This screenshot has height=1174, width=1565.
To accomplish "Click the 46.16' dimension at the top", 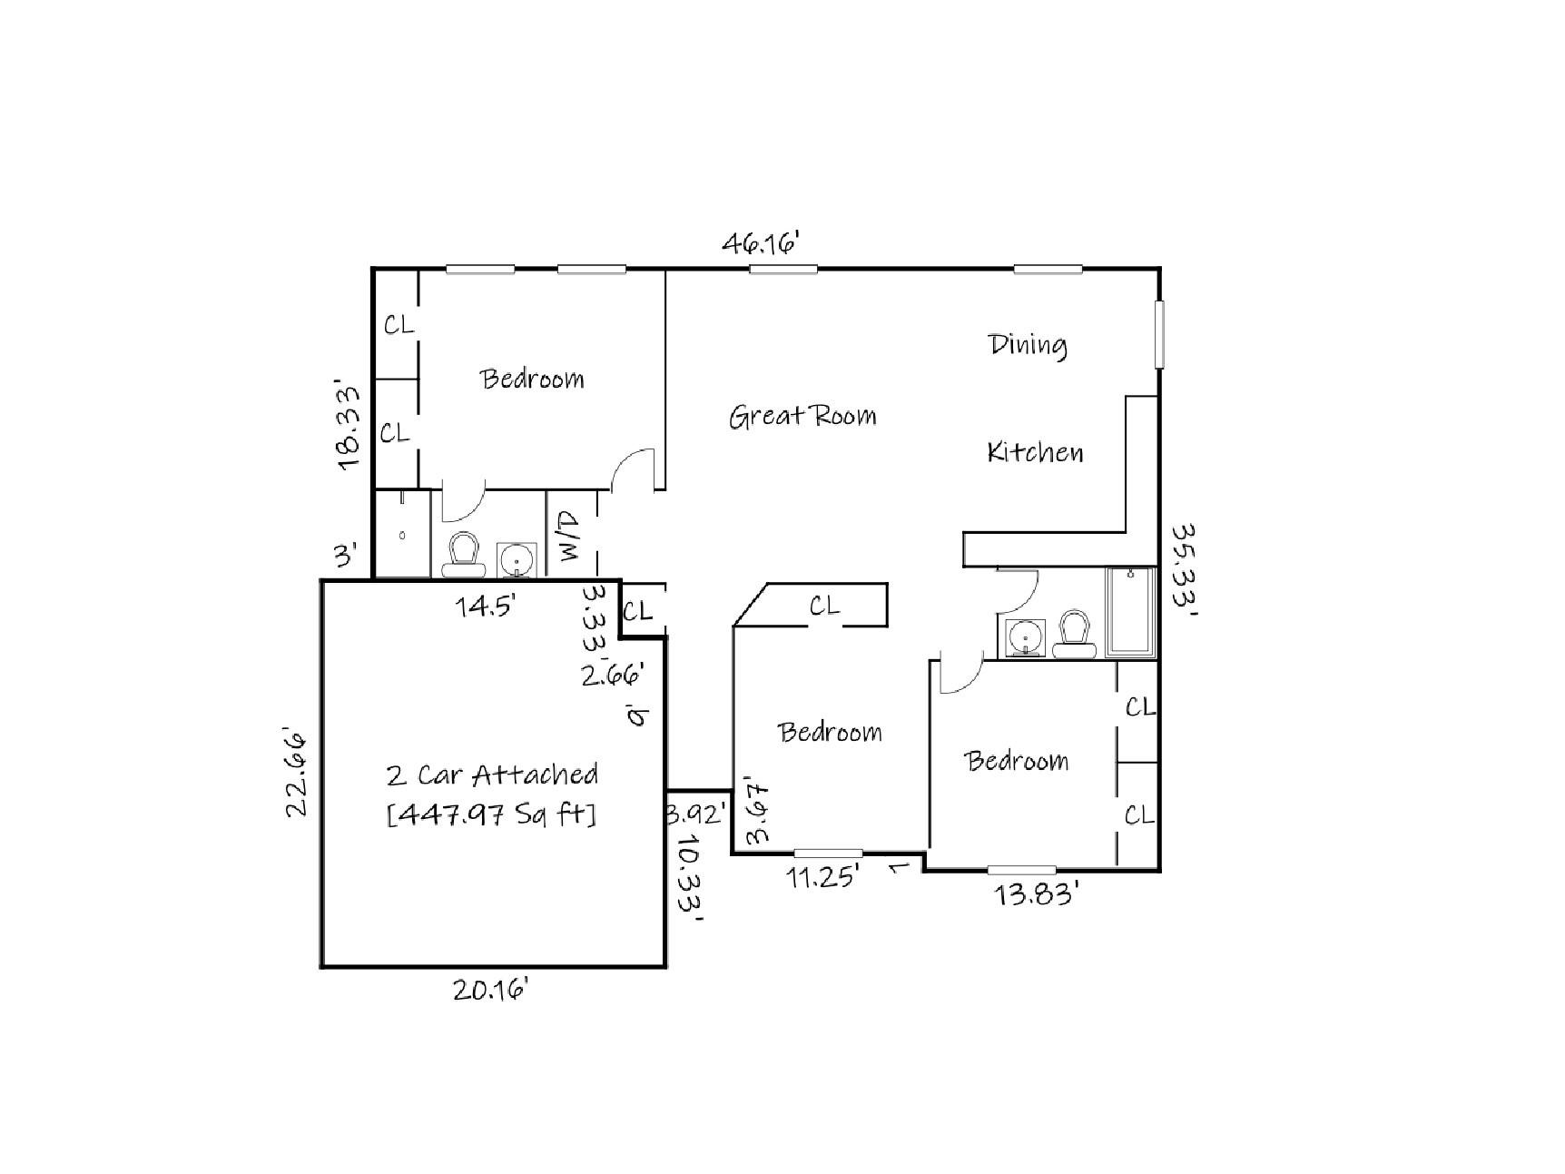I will tap(760, 243).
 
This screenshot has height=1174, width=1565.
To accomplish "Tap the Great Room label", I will tap(802, 416).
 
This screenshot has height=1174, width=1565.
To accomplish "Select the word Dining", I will tap(1027, 344).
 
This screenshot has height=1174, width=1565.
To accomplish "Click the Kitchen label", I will tap(1035, 451).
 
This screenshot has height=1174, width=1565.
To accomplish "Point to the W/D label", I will tap(570, 537).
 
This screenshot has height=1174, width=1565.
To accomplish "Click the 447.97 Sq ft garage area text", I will tap(491, 814).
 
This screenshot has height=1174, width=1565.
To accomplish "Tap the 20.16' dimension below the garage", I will tap(491, 989).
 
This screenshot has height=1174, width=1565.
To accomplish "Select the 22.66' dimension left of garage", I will tap(299, 772).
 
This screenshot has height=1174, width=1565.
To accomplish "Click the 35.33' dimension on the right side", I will tap(1184, 569).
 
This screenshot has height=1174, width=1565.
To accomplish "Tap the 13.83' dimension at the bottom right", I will tap(1036, 895).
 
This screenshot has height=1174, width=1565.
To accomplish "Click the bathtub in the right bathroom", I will tap(1130, 613).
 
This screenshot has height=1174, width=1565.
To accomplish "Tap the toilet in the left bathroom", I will tap(464, 555).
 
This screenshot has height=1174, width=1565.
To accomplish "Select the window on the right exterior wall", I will tap(1159, 334).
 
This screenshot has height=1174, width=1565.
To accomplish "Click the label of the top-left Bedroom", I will tap(532, 378).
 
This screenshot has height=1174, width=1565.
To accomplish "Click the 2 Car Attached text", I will tap(491, 774).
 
